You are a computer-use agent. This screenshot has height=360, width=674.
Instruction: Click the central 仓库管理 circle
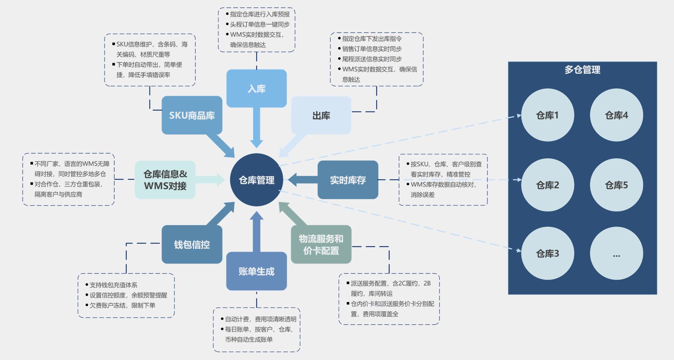coord(256,180)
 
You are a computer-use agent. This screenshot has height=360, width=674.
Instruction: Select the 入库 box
coord(256,88)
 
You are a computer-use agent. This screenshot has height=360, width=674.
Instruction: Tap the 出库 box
coord(321,115)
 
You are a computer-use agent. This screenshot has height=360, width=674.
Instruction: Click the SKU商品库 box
coord(192,115)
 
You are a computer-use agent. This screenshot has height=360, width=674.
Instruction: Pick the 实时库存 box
coord(348,180)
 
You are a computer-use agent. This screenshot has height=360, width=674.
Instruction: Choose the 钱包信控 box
coord(192,244)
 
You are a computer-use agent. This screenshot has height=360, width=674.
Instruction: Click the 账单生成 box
coord(256,271)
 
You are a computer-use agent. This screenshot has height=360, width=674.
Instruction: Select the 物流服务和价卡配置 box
coord(321,244)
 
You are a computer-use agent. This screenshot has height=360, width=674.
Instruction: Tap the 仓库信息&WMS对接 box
coord(165,180)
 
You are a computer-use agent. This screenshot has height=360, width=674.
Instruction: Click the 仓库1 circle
coord(548,115)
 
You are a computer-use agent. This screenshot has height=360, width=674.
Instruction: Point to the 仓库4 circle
coord(616,115)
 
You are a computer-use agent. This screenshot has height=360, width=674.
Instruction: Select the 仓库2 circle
coord(548,185)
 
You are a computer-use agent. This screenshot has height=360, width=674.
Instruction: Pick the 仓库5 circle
coord(616,185)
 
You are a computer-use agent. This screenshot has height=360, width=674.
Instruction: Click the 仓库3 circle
coord(548,253)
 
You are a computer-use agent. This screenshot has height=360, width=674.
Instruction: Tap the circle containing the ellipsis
coord(616,253)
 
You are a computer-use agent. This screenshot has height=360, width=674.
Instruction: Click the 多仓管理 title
coord(582,70)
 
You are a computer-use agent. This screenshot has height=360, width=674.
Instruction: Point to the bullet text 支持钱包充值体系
coord(113,285)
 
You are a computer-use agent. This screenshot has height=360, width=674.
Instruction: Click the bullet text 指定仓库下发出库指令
coord(372,39)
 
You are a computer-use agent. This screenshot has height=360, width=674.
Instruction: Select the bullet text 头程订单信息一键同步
coord(260,25)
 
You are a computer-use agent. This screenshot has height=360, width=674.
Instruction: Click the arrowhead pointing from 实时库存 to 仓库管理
coord(293,179)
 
